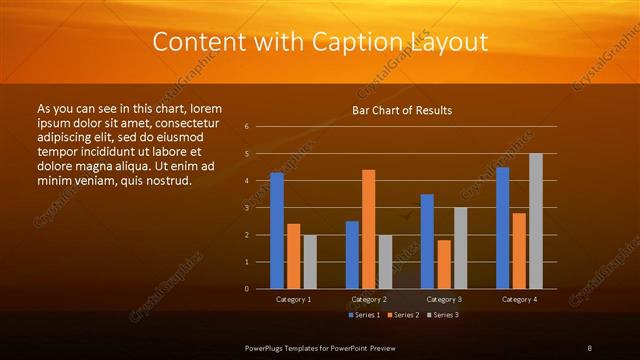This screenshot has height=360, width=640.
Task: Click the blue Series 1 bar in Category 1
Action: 276,231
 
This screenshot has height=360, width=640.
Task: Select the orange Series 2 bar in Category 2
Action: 369,229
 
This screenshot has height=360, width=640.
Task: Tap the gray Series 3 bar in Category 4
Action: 536,221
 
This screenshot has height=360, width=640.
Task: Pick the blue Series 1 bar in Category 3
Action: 427,241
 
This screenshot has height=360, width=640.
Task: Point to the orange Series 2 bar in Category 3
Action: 444,264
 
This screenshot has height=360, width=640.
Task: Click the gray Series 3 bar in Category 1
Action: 310,262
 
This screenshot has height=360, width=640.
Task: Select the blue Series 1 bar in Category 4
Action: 502,228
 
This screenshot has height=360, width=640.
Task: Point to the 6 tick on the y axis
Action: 247,127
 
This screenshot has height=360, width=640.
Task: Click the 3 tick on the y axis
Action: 247,208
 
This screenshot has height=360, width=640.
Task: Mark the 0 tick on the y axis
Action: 247,289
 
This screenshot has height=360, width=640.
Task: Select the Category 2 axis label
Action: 369,299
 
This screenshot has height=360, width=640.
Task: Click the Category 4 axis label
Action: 519,299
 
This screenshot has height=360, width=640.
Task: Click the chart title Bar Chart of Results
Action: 402,110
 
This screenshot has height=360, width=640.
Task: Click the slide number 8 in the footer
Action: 590,347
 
